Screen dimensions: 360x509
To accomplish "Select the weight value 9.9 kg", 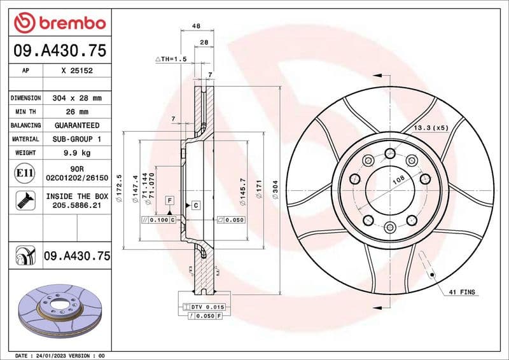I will point(76,153).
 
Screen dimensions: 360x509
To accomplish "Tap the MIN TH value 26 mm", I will point(76,112).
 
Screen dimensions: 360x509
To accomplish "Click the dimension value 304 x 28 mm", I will point(76,98).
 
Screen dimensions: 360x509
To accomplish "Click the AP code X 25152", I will point(76,71).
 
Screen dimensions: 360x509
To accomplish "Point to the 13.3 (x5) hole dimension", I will point(431,128).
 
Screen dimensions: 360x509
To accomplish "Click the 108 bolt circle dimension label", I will point(398,181).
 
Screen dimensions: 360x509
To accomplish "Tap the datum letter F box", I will point(170,200).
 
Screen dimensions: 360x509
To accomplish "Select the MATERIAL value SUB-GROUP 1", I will point(76,139).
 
